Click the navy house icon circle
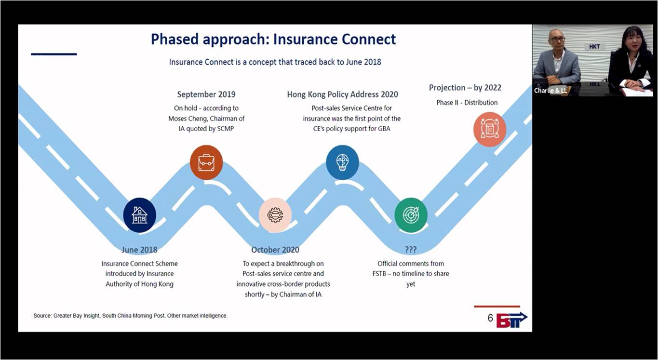139,215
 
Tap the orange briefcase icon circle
206,162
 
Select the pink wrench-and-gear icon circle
275,215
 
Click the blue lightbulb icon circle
342,162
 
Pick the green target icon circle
411,215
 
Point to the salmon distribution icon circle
490,130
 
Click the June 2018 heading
139,250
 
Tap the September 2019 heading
206,94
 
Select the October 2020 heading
275,250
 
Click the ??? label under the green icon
411,250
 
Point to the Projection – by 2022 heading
465,88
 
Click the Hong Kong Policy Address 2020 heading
343,94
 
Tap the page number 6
490,318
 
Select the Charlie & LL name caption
550,91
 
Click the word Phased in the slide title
175,40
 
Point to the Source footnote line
131,316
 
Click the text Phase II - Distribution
467,103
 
